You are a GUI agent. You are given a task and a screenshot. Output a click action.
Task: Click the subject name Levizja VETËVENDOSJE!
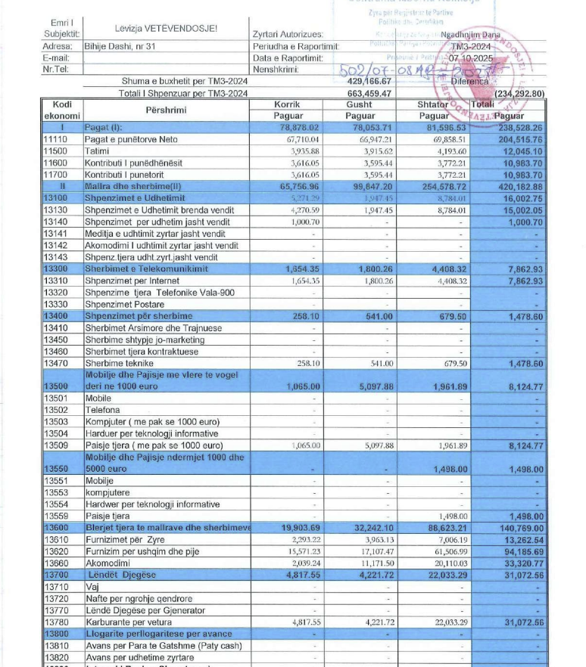pyautogui.click(x=166, y=29)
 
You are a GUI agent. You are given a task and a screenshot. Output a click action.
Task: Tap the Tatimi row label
pyautogui.click(x=98, y=151)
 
